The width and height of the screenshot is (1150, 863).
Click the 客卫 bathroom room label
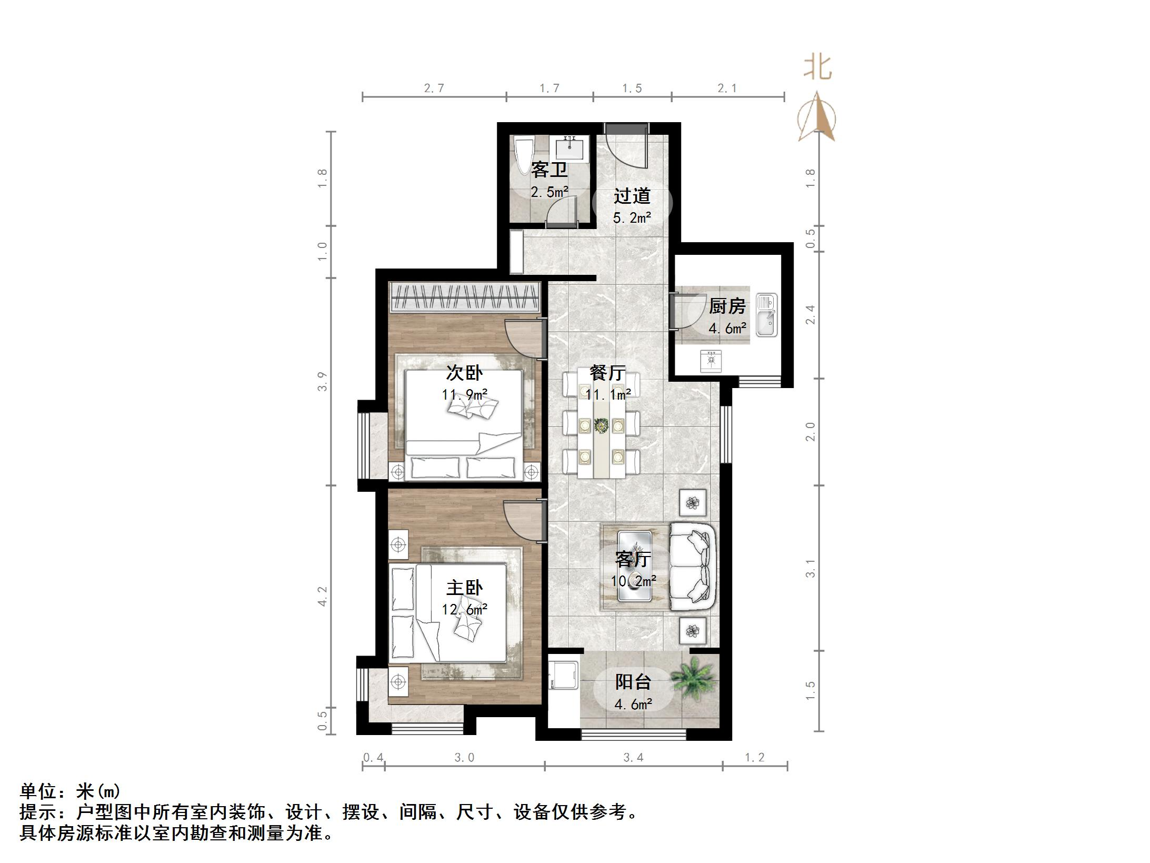click(549, 170)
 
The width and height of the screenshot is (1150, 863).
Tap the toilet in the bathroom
click(525, 155)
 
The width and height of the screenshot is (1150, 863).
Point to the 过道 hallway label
click(632, 196)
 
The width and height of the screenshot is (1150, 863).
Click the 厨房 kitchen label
click(727, 306)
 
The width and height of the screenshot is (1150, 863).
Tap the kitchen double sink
click(766, 315)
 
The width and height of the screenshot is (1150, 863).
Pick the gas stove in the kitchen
click(711, 361)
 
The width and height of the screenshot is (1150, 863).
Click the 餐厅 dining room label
click(608, 373)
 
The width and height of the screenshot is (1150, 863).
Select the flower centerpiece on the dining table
click(601, 425)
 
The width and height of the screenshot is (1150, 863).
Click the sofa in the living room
click(693, 566)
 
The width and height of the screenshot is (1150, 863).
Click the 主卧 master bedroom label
click(464, 588)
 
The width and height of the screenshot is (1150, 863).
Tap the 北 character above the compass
click(817, 68)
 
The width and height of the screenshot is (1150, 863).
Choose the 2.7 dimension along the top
click(434, 88)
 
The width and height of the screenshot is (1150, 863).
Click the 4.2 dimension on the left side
click(322, 596)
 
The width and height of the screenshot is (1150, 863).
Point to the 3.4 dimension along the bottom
click(634, 758)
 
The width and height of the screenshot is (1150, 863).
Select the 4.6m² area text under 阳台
click(634, 704)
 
